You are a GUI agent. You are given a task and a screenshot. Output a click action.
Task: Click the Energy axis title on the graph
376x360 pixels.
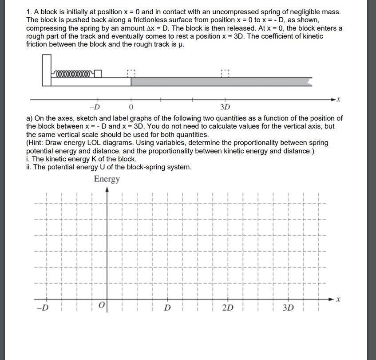(107, 179)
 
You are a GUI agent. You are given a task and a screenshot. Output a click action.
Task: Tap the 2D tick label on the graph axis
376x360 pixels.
(227, 308)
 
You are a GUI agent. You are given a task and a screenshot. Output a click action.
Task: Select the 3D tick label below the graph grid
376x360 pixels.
(288, 308)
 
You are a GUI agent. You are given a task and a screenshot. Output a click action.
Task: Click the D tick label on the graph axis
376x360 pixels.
(167, 308)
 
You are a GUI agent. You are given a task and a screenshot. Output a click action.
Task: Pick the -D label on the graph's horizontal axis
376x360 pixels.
(43, 308)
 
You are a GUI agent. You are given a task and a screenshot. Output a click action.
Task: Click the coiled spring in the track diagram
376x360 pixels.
(73, 73)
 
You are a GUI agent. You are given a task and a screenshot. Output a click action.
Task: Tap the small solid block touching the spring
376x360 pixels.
(98, 74)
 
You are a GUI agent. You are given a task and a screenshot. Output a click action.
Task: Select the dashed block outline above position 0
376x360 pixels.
(131, 73)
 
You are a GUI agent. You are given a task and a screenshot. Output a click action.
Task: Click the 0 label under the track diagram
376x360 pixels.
(131, 107)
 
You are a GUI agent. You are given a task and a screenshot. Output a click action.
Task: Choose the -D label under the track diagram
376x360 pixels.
(94, 107)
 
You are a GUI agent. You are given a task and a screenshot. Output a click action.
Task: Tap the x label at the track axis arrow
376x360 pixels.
(339, 100)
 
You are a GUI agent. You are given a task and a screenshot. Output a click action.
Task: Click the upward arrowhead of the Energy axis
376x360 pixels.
(107, 189)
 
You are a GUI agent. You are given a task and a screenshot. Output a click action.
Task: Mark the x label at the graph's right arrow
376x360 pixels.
(338, 300)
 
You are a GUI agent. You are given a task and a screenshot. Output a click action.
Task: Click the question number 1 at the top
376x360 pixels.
(28, 12)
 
